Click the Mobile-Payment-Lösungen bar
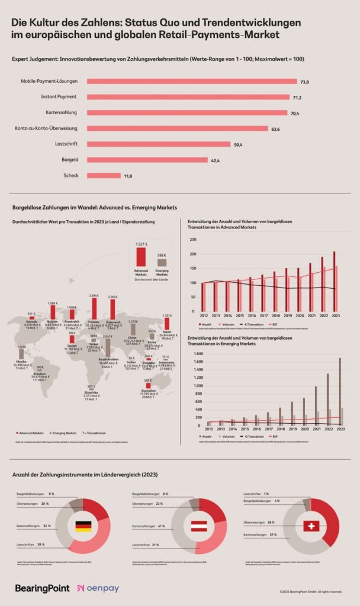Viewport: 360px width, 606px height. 192,81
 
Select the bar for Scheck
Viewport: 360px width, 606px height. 104,176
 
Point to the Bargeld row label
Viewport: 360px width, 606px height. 70,160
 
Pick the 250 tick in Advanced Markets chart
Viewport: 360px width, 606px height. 192,240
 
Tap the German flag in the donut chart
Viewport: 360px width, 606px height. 83,526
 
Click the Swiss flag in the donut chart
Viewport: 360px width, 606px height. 311,526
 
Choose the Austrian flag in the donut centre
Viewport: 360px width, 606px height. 200,526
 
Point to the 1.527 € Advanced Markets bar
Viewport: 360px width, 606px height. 141,257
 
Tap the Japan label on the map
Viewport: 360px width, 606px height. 166,332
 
